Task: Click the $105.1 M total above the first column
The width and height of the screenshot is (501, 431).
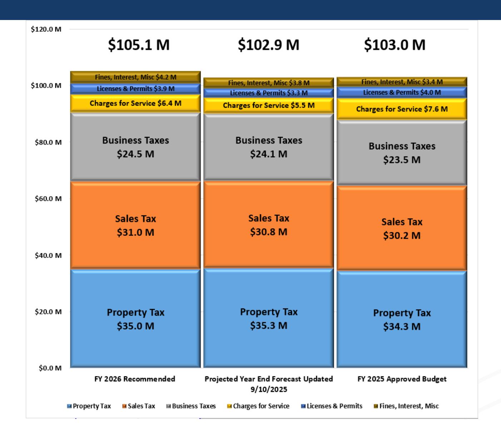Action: point(139,45)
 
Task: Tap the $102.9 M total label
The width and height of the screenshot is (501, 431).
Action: point(268,45)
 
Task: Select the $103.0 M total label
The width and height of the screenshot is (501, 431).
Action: point(395,45)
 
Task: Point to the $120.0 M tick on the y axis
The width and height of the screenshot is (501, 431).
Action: point(46,29)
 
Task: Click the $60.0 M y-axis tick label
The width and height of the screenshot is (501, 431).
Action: point(48,199)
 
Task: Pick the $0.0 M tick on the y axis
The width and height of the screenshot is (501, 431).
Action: point(50,368)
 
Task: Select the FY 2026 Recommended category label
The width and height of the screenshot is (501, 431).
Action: point(135,379)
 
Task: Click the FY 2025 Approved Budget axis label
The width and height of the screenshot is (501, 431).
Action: point(402,379)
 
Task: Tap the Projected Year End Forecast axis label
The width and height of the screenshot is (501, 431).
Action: point(268,383)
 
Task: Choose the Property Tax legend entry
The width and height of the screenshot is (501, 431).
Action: point(89,406)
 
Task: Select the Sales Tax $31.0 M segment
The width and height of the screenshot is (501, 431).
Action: point(135,225)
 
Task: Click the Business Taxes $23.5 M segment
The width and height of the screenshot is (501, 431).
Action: point(402,153)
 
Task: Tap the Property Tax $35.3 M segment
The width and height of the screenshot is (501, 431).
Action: point(268,318)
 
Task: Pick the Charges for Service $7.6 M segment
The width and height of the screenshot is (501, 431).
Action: point(402,109)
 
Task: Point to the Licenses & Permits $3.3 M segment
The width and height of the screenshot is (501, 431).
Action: point(268,93)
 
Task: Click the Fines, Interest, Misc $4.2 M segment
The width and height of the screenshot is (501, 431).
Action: point(135,77)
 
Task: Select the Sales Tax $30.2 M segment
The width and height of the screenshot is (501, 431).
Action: point(402,228)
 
